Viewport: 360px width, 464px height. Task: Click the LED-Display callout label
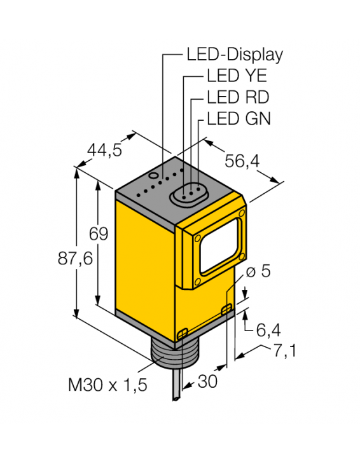coord(234,54)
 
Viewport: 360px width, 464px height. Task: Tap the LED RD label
coord(238,97)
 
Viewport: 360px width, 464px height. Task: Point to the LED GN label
coord(239,118)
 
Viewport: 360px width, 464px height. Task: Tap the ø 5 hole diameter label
coord(258,271)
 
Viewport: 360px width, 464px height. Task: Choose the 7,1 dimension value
coord(286,351)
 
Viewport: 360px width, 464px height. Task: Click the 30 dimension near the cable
coord(207,381)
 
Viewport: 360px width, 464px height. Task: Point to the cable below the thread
coord(176,389)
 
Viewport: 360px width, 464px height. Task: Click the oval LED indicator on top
coord(188,193)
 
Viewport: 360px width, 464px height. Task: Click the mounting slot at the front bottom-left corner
coord(183,333)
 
